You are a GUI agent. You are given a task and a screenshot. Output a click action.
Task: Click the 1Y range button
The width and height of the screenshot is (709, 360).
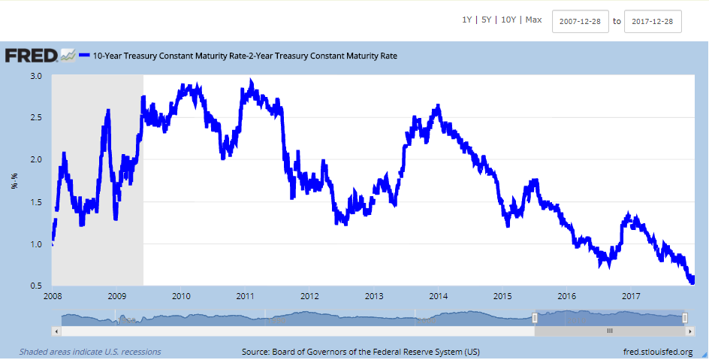[467, 20]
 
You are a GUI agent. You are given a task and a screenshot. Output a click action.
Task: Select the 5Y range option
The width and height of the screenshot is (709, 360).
[487, 20]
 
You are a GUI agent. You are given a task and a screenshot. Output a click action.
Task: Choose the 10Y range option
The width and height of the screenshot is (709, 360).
[509, 20]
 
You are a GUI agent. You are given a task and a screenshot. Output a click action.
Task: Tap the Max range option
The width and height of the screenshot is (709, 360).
[533, 20]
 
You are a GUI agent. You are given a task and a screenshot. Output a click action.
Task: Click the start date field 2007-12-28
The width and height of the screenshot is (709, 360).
[580, 21]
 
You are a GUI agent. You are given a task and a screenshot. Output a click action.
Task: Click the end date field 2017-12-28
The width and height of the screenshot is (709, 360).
[653, 21]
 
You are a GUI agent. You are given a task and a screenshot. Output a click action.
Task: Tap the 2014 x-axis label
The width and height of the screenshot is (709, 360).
[439, 296]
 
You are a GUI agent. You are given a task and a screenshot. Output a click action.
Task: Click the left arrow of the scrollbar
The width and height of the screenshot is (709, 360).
[56, 331]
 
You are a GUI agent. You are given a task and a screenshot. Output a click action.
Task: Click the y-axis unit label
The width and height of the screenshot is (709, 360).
[14, 181]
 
